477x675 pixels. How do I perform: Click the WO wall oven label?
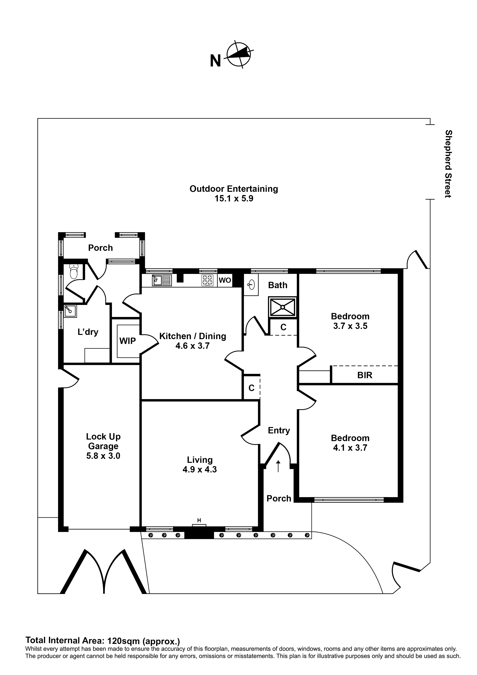pyautogui.click(x=225, y=280)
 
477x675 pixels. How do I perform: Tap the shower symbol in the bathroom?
pyautogui.click(x=282, y=307)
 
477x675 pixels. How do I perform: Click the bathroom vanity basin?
pyautogui.click(x=251, y=284)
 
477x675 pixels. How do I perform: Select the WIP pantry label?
pyautogui.click(x=127, y=341)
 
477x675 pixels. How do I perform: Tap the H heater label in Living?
pyautogui.click(x=199, y=520)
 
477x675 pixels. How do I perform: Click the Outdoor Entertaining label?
pyautogui.click(x=234, y=189)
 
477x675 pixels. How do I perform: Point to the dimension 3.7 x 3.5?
pyautogui.click(x=350, y=326)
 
